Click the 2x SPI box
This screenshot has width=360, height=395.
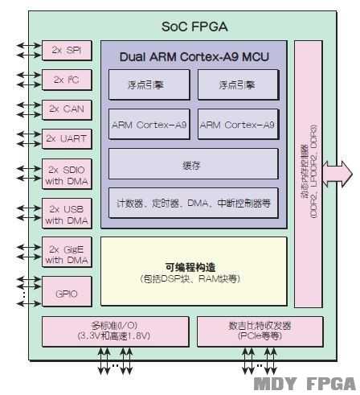point(67,50)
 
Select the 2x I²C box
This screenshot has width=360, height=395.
point(67,80)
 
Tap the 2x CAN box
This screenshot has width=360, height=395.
point(67,109)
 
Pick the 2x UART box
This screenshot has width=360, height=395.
point(67,138)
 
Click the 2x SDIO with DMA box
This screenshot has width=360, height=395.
point(67,175)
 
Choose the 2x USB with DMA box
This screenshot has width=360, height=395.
point(67,214)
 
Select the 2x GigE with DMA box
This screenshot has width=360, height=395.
point(67,253)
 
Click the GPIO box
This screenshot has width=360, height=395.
point(67,293)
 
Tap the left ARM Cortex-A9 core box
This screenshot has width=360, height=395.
point(149,125)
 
